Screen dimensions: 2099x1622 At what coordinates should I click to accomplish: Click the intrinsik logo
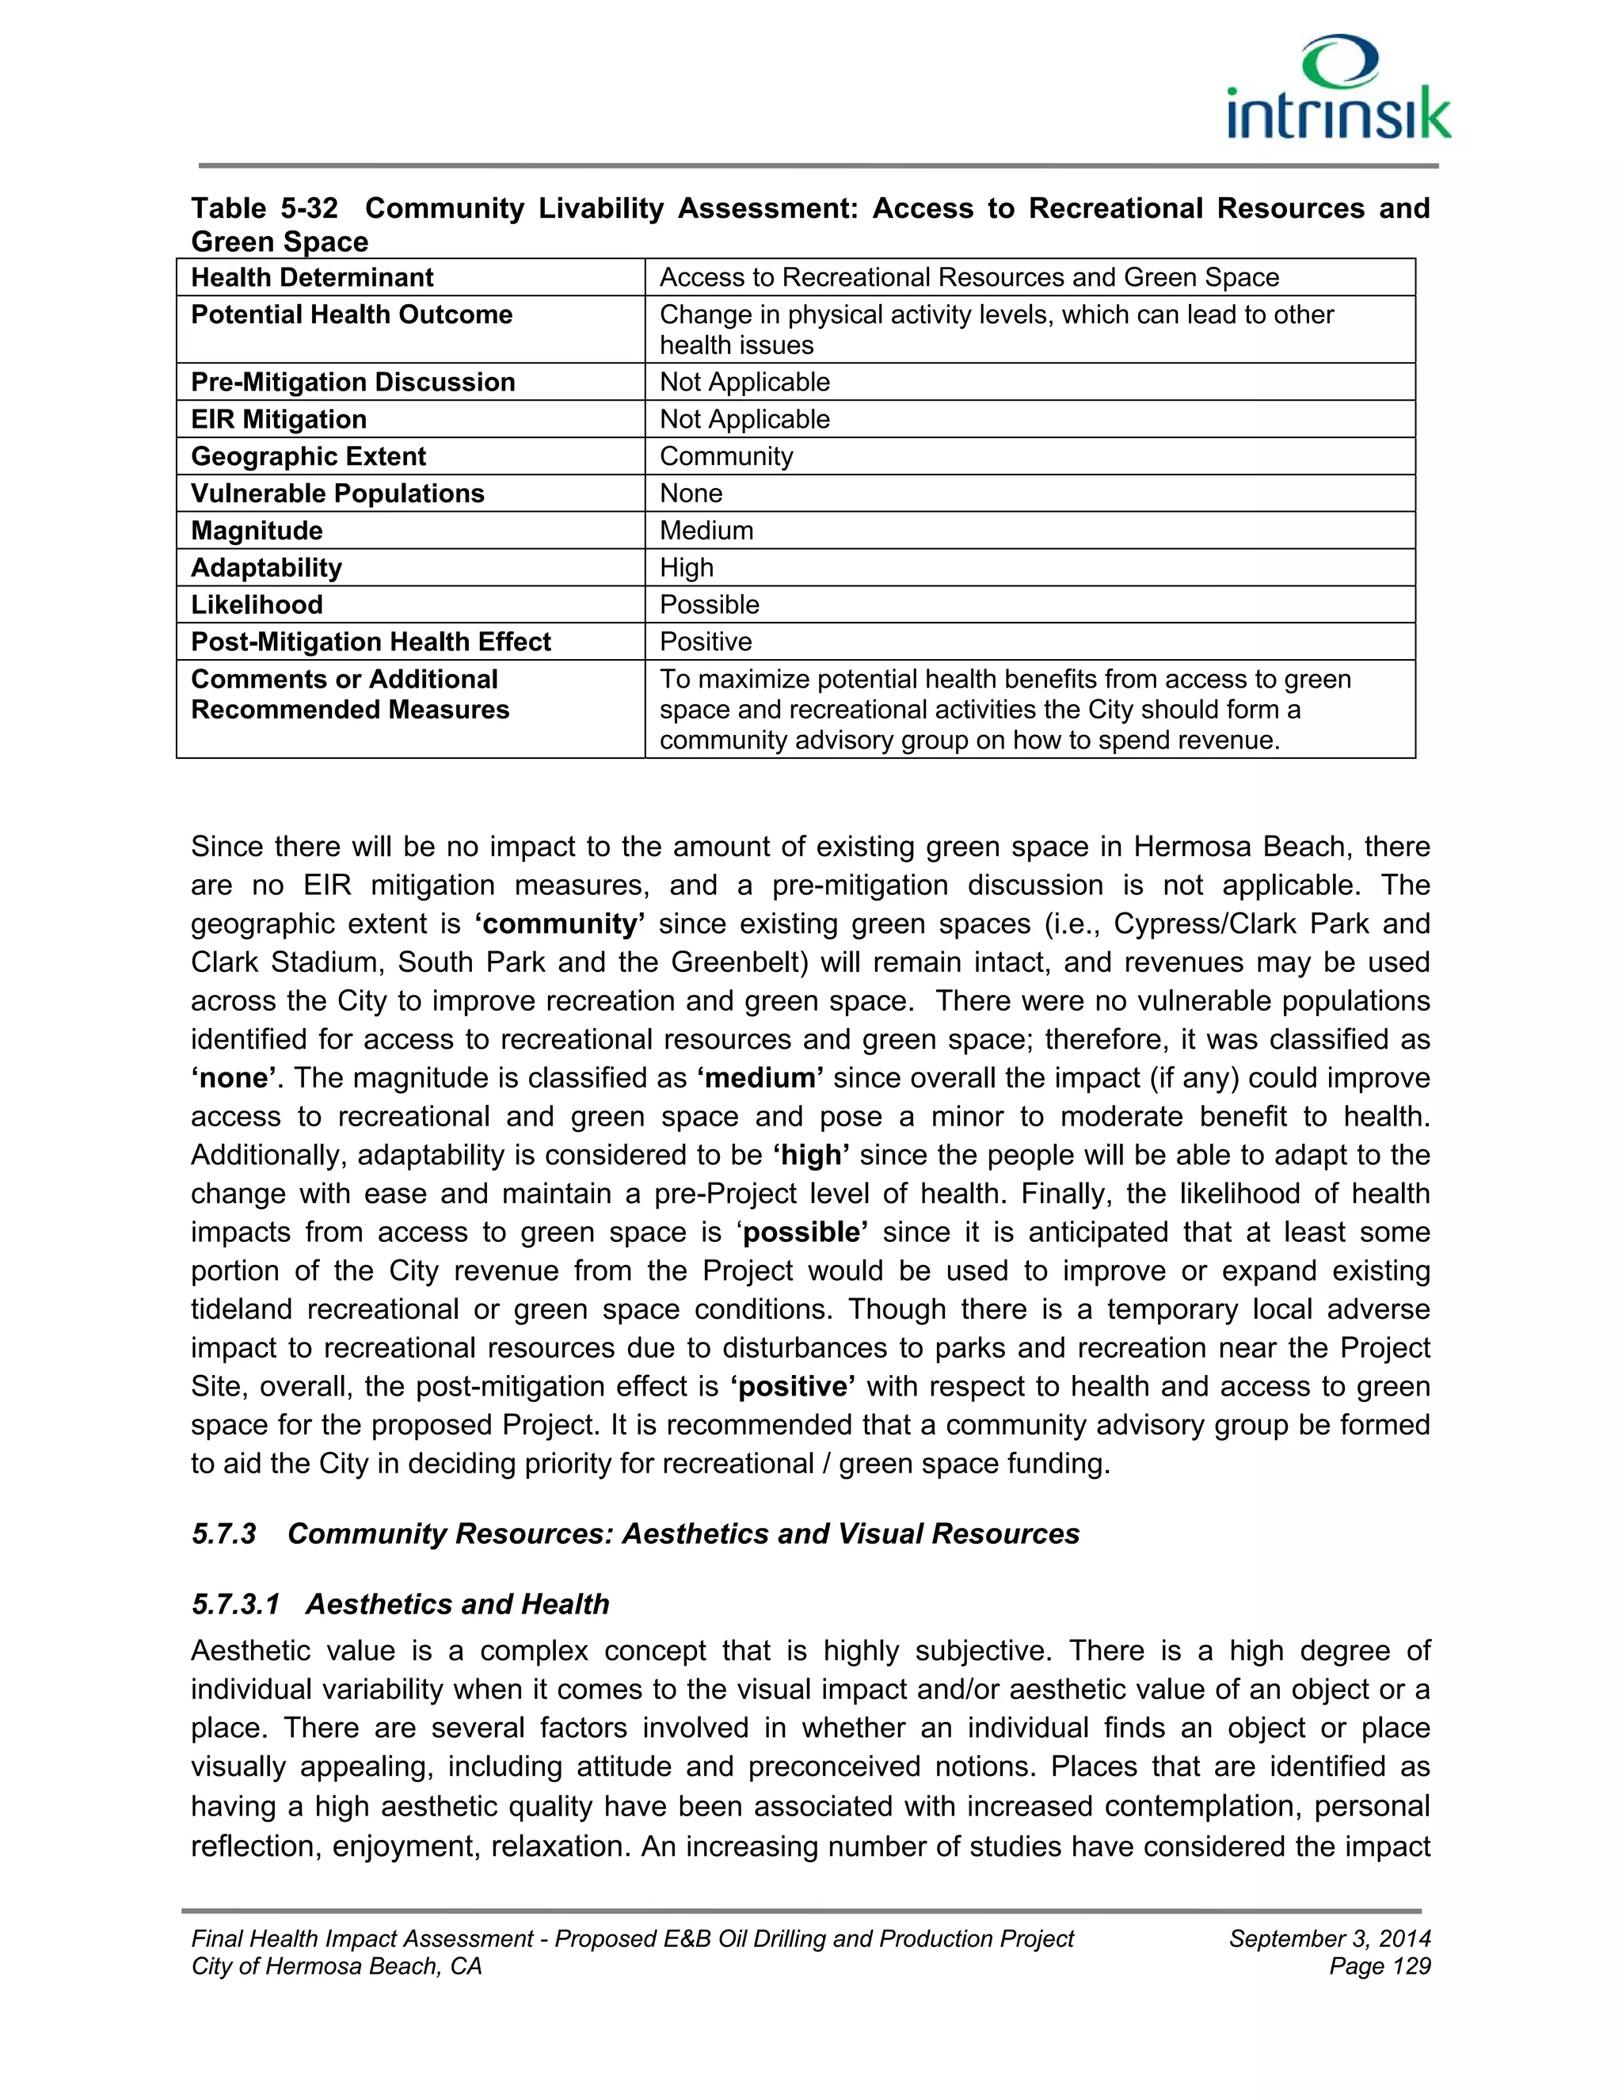pos(1338,89)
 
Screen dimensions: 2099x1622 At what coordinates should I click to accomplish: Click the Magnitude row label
pos(257,531)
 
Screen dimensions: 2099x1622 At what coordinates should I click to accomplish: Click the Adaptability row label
pos(266,568)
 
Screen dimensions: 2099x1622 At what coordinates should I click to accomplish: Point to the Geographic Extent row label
pos(308,456)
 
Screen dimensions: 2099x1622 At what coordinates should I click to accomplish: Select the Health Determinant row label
pos(312,278)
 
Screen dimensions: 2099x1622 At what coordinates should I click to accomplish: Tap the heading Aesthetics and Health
pos(458,1604)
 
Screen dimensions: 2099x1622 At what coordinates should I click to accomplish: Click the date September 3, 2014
pos(1329,1938)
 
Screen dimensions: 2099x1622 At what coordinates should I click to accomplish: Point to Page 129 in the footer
pos(1380,1967)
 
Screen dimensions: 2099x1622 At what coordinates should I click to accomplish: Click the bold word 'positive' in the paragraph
pos(793,1386)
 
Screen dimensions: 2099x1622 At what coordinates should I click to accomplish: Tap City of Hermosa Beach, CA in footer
pos(337,1967)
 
